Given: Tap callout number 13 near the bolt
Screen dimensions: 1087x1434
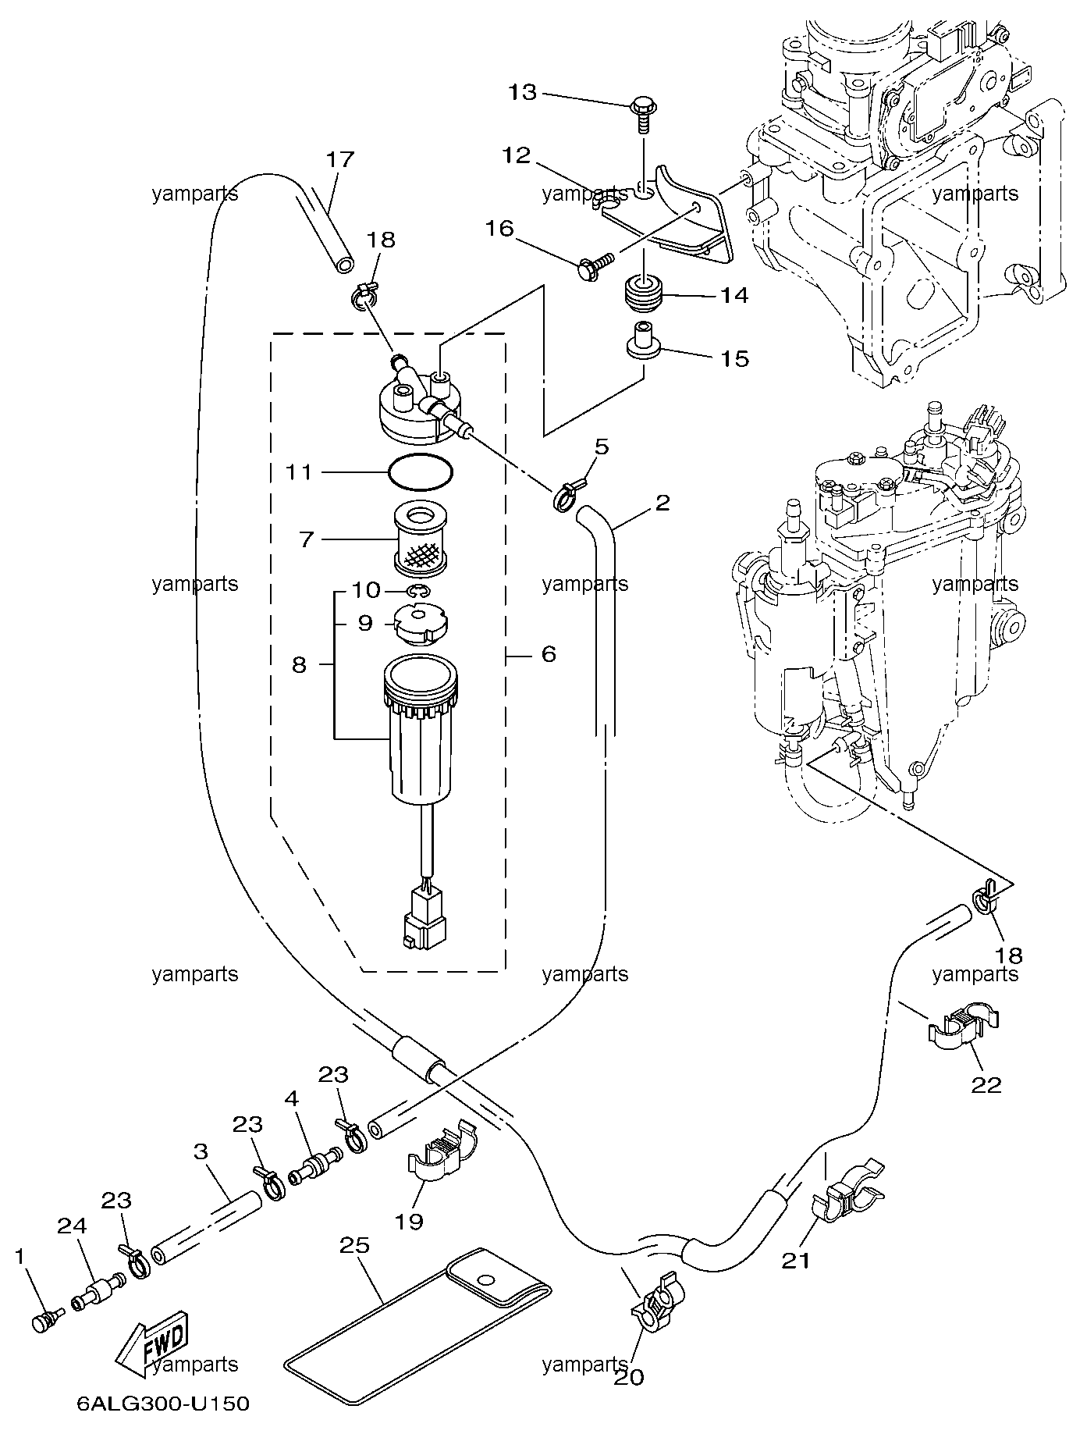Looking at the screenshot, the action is (523, 93).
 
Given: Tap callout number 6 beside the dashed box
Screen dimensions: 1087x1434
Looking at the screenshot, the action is (549, 653).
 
